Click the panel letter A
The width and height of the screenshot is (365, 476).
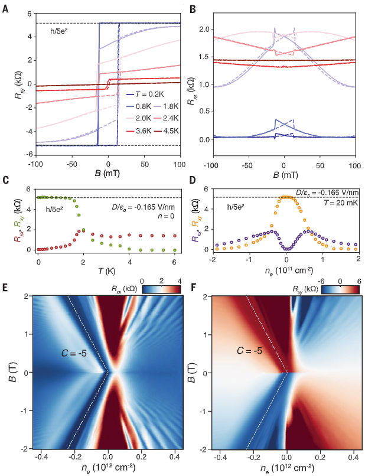[6, 8]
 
